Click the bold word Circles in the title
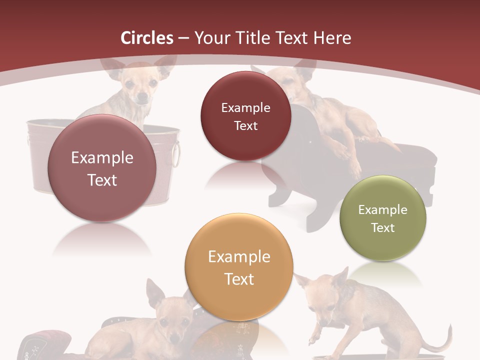(147, 38)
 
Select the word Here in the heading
(332, 38)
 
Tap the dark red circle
(245, 116)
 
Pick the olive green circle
(383, 218)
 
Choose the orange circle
(239, 267)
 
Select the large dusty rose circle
(102, 168)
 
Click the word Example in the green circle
(383, 210)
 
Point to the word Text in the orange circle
(239, 279)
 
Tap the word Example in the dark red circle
(245, 107)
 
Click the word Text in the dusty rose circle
(102, 180)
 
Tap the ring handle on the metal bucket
(176, 155)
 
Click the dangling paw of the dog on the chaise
(355, 170)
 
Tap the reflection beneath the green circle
(383, 272)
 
